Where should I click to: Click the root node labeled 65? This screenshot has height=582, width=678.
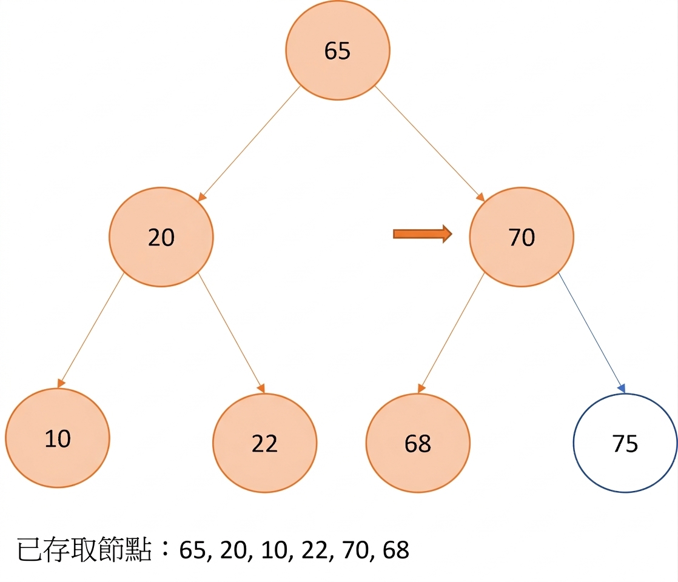coord(338,50)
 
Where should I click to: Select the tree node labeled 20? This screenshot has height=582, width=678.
coord(161,237)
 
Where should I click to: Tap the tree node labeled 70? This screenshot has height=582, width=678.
coord(522,237)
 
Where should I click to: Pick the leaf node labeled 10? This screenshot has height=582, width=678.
coord(58,438)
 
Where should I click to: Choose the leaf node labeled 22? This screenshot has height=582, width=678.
coord(264,443)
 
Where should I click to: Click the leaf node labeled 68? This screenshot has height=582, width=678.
coord(418,443)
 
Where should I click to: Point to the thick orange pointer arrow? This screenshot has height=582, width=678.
coord(423,234)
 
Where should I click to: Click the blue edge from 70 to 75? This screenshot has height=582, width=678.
coord(592,333)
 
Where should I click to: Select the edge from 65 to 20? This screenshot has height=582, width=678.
coord(249,144)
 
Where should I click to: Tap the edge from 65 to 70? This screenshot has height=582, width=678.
coord(429,144)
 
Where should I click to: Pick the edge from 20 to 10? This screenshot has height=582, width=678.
coord(91,330)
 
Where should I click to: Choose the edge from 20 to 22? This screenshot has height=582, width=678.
coord(231,333)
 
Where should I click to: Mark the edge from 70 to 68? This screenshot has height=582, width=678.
coord(451,333)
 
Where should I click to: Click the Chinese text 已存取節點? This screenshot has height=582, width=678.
coord(85,550)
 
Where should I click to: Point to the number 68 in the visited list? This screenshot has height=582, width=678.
coord(396,550)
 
